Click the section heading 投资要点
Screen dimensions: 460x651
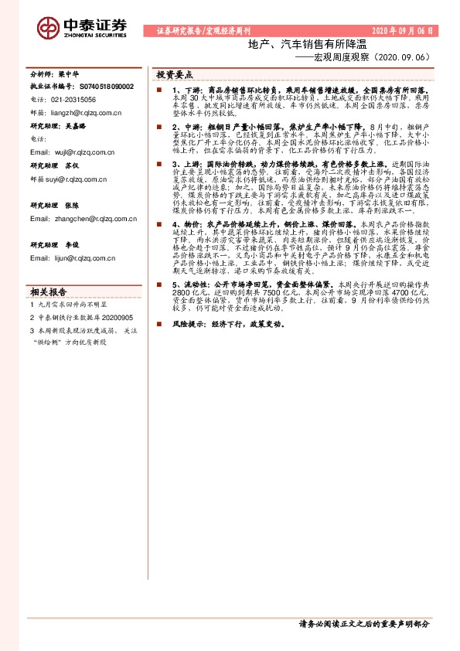point(175,75)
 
